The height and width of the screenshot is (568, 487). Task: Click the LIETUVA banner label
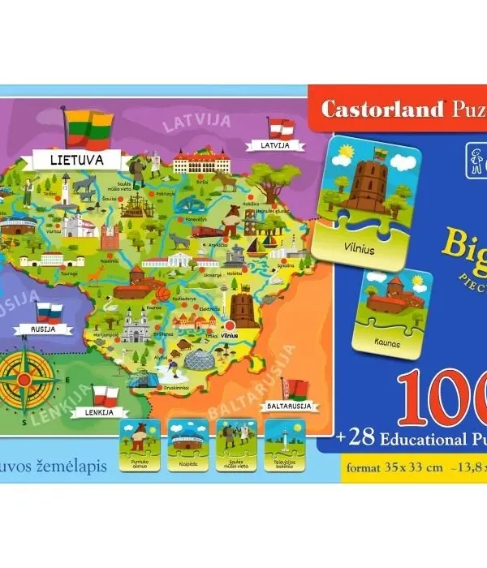[x=75, y=159]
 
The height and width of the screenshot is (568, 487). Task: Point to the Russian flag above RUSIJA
[x=49, y=312]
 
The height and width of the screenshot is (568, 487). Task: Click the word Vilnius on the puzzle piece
[x=357, y=250]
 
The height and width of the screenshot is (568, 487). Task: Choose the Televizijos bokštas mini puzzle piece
[x=284, y=444]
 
